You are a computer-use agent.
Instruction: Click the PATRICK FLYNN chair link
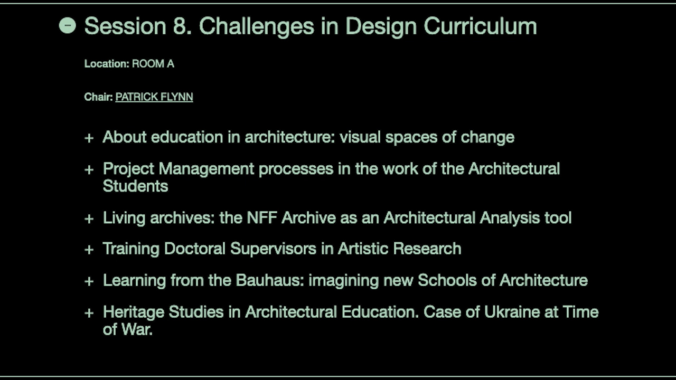[x=154, y=97]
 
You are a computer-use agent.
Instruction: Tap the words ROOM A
[x=153, y=64]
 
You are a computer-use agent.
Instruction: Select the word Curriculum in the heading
[x=481, y=26]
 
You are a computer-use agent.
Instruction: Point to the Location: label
[x=107, y=64]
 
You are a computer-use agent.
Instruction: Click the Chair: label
[x=98, y=97]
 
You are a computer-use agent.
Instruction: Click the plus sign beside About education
[x=89, y=138]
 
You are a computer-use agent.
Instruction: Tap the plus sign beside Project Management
[x=89, y=170]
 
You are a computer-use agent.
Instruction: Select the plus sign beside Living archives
[x=89, y=219]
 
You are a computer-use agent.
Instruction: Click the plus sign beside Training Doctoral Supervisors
[x=89, y=250]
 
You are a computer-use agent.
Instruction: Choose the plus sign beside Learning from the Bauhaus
[x=89, y=282]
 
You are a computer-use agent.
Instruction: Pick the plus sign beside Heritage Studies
[x=89, y=313]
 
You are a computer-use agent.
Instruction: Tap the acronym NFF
[x=262, y=217]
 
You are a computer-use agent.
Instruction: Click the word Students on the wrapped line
[x=136, y=186]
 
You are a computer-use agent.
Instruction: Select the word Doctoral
[x=195, y=249]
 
